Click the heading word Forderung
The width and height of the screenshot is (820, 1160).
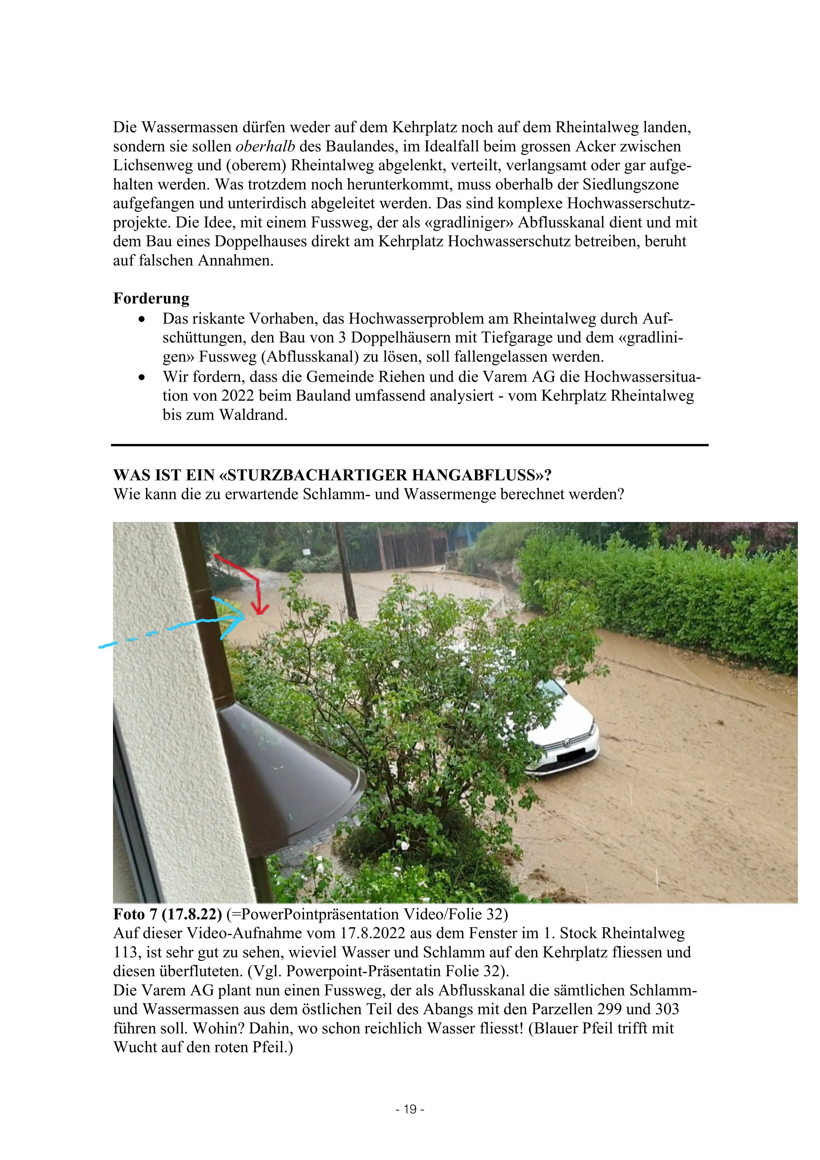pyautogui.click(x=151, y=299)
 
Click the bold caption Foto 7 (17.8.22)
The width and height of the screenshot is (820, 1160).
pyautogui.click(x=167, y=914)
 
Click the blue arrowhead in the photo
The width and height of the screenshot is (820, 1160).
pyautogui.click(x=237, y=618)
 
